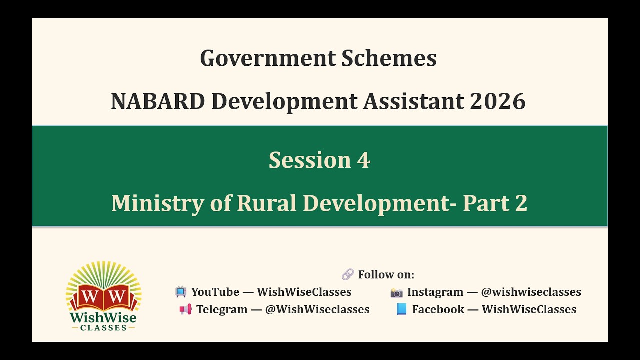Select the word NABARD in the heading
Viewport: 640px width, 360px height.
click(x=157, y=101)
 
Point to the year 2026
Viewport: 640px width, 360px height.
click(x=497, y=101)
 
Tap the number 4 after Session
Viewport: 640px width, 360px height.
click(x=363, y=160)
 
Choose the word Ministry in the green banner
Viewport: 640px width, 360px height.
click(x=157, y=203)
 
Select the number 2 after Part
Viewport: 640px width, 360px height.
click(x=520, y=203)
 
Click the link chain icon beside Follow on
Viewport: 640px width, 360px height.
click(x=348, y=274)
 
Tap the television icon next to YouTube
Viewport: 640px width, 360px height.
click(x=181, y=292)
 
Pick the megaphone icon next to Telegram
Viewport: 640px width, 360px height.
click(x=185, y=309)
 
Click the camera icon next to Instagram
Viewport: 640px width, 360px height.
click(x=396, y=292)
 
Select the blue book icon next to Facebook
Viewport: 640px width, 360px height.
click(x=401, y=309)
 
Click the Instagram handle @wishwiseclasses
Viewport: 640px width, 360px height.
click(x=531, y=292)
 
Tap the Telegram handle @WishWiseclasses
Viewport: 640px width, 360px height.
click(x=317, y=309)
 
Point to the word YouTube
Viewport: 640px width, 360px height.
click(x=215, y=292)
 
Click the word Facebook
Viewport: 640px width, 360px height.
click(x=438, y=309)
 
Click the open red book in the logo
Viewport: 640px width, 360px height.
click(x=104, y=297)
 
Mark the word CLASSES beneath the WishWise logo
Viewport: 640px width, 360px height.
click(x=103, y=327)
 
